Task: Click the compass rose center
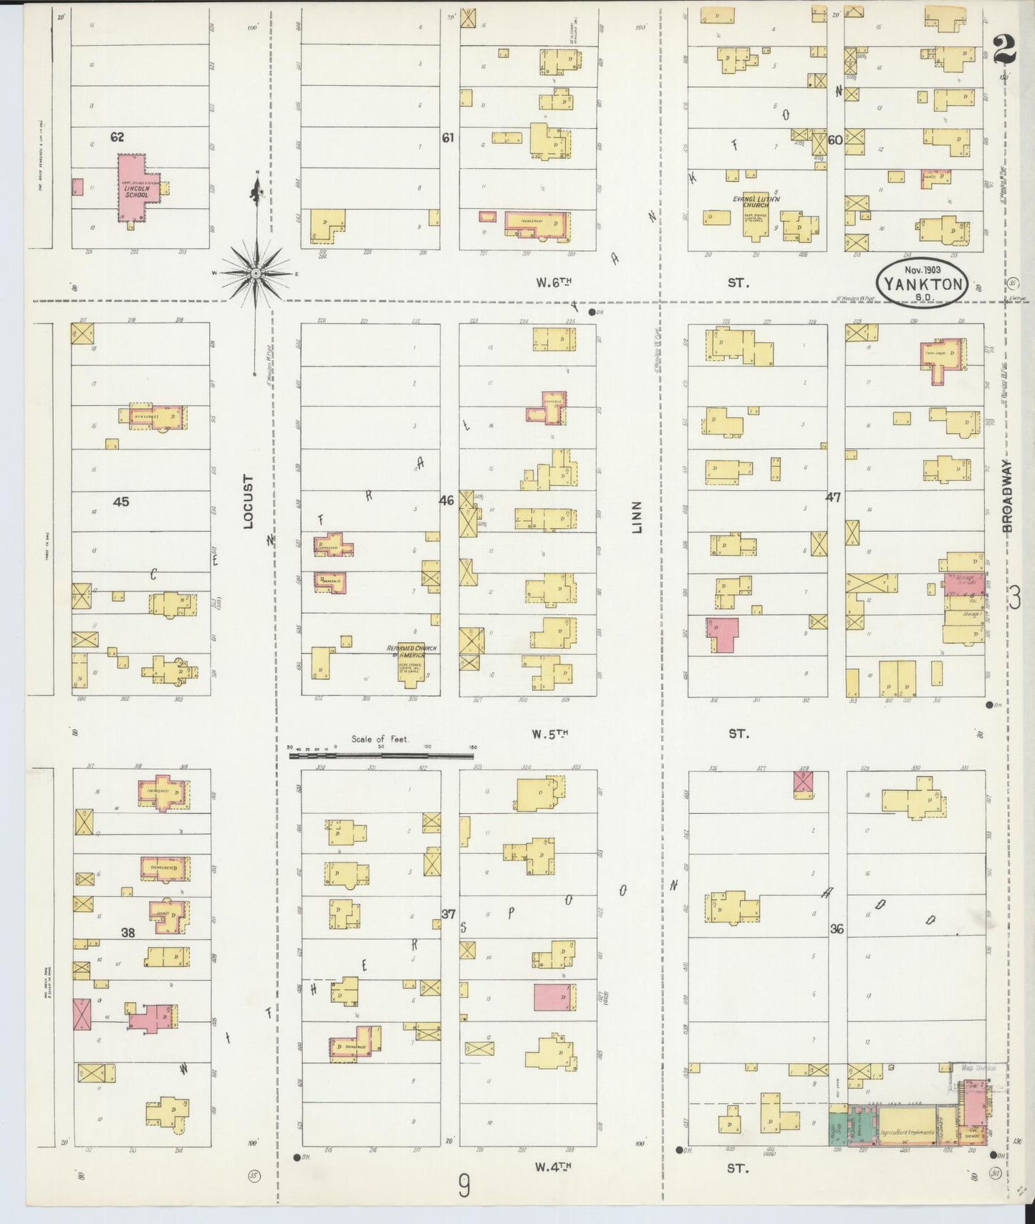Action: click(255, 273)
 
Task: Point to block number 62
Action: click(117, 137)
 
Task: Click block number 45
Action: click(121, 502)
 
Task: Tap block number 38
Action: click(127, 933)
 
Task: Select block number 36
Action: click(836, 929)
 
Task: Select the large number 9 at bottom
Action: click(464, 1187)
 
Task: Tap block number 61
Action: click(448, 137)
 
